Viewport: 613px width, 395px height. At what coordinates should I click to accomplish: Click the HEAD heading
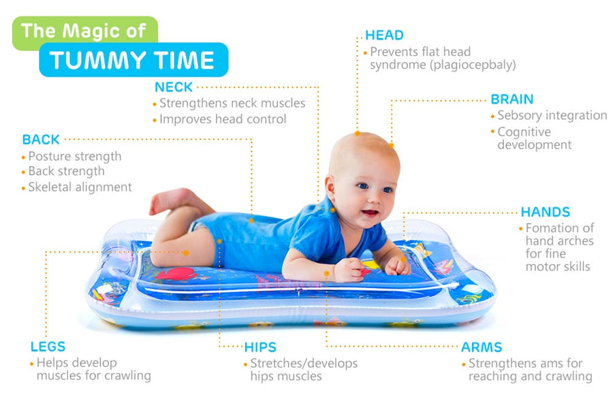pyautogui.click(x=384, y=35)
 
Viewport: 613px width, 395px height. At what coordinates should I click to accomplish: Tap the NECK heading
pyautogui.click(x=174, y=86)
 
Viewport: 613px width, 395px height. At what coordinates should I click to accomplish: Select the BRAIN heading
pyautogui.click(x=512, y=99)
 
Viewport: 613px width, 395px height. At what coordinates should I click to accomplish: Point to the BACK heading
pyautogui.click(x=41, y=140)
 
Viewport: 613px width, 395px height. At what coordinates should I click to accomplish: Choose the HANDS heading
pyautogui.click(x=546, y=212)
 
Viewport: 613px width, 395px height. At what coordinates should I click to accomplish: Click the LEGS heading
pyautogui.click(x=48, y=347)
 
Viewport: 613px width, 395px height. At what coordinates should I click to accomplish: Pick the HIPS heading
pyautogui.click(x=260, y=347)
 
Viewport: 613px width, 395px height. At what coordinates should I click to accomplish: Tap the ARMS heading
pyautogui.click(x=482, y=347)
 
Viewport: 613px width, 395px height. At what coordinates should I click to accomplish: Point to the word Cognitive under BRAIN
pyautogui.click(x=524, y=132)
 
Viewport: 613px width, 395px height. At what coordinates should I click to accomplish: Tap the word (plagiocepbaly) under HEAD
pyautogui.click(x=473, y=65)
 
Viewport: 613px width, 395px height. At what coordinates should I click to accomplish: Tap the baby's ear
pyautogui.click(x=330, y=187)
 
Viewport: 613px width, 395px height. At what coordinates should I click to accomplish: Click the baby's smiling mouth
pyautogui.click(x=369, y=214)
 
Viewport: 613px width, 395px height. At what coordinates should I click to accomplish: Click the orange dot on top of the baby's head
pyautogui.click(x=358, y=133)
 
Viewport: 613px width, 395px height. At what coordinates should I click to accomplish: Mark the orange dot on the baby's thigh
pyautogui.click(x=186, y=253)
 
